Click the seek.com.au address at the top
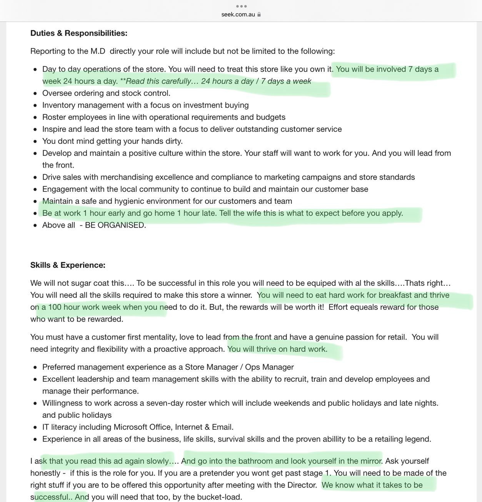coord(238,15)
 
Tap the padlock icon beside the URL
coord(259,15)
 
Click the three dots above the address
coord(241,6)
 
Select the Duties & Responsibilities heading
coord(78,33)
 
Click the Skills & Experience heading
coord(68,265)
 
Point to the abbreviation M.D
coord(98,52)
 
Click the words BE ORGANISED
coord(115,225)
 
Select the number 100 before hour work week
coord(55,307)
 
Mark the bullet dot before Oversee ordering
coord(35,93)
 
